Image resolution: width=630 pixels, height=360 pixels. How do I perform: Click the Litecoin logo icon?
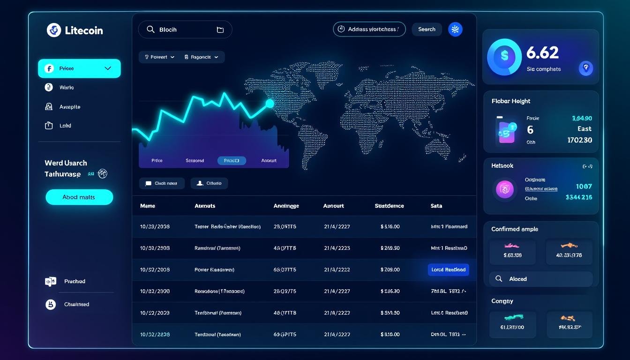point(54,30)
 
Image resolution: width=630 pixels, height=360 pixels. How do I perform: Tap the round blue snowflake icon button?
point(455,29)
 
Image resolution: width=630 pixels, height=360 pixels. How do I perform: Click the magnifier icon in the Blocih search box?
point(150,30)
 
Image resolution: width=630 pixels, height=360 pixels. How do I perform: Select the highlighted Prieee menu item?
point(79,68)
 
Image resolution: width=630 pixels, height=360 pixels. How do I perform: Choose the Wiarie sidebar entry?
point(66,88)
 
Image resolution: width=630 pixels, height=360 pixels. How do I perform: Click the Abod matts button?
point(79,197)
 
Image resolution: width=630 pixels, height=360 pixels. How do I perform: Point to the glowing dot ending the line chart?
point(270,103)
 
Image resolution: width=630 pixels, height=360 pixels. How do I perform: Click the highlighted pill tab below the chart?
point(232,160)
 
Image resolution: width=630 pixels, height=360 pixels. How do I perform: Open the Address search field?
point(369,29)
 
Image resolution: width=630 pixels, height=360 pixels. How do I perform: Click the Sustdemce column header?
point(389,206)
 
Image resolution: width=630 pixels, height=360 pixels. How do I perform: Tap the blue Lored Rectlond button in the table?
point(448,270)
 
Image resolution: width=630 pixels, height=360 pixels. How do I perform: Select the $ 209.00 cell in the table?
point(390,270)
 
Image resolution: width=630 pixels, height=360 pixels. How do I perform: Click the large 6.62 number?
point(542,52)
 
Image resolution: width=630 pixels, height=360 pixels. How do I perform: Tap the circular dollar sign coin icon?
point(504,56)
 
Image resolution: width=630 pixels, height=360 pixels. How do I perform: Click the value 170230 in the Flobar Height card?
point(579,140)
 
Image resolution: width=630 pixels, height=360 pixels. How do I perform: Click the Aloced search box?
point(541,279)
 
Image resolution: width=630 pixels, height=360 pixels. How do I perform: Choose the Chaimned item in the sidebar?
point(76,304)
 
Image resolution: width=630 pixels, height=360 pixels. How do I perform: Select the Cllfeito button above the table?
point(209,183)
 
